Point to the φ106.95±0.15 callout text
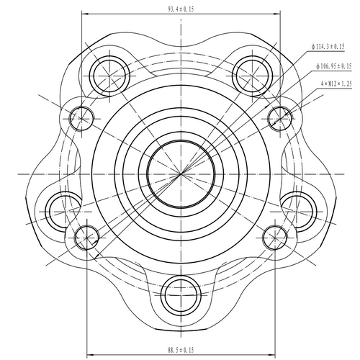point(333,66)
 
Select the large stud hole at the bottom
point(179,293)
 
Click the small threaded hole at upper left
point(84,115)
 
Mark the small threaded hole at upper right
point(277,115)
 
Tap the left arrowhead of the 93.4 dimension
point(85,14)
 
